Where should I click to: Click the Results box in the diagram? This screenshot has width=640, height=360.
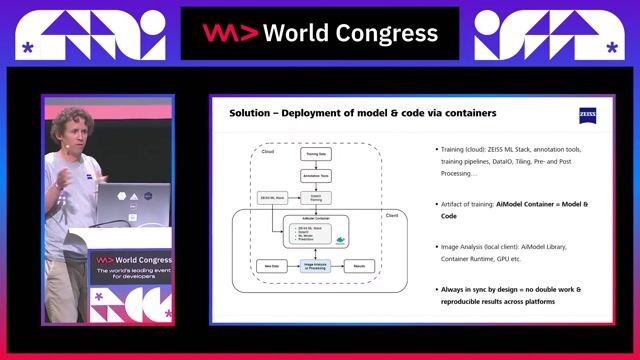point(358,266)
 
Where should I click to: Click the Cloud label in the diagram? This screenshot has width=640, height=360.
point(267,151)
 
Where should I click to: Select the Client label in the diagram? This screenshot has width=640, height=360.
point(391,216)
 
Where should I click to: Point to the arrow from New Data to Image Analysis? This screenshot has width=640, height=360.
point(286,266)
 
